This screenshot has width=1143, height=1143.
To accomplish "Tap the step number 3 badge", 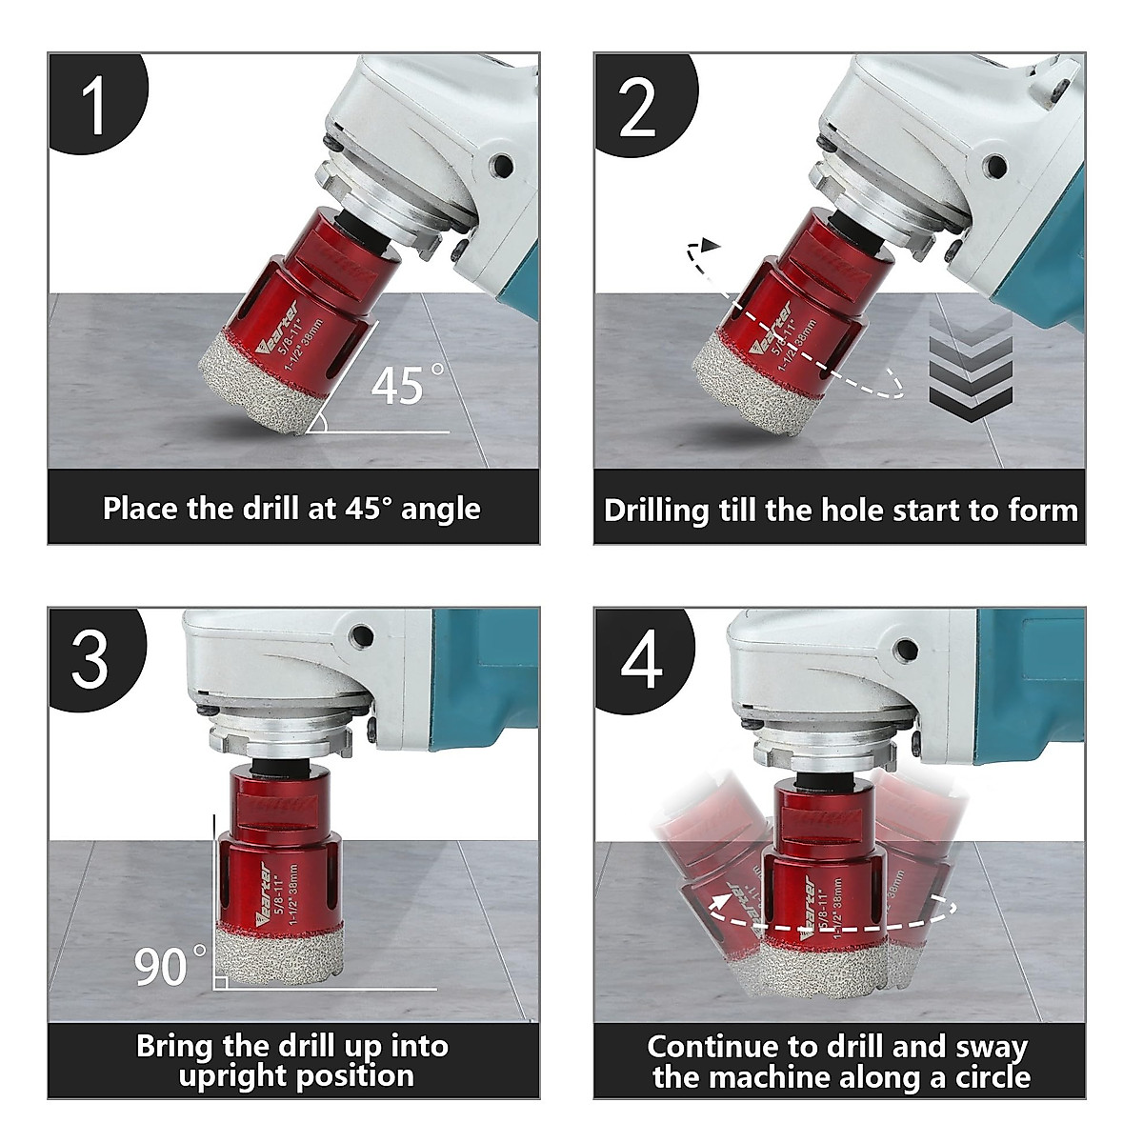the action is tap(95, 657).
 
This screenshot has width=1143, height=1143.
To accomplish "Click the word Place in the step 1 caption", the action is tap(140, 509).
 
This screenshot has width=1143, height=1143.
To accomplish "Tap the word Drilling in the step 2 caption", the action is tap(656, 511).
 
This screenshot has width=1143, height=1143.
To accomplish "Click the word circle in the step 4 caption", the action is tap(992, 1076).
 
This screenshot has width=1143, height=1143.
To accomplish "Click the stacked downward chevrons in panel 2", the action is tap(971, 369).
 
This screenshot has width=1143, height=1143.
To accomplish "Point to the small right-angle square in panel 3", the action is tap(220, 983).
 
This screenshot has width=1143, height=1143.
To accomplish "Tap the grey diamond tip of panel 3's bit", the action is tap(279, 956).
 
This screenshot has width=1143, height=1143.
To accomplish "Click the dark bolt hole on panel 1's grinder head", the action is tap(502, 165).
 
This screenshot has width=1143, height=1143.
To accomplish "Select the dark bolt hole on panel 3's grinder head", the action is tap(361, 636).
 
